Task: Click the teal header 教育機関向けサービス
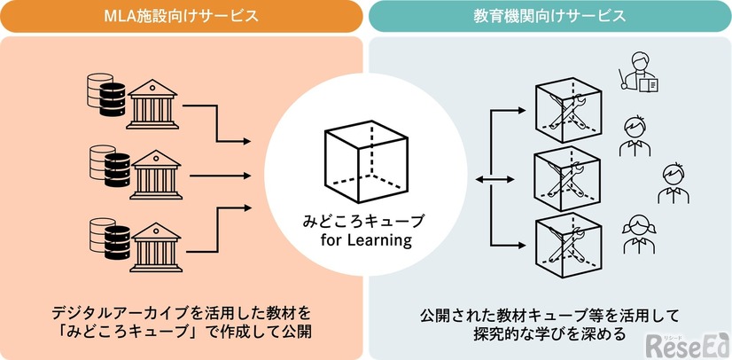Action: (x=550, y=16)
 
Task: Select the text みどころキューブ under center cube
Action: (x=366, y=221)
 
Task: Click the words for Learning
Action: (x=366, y=239)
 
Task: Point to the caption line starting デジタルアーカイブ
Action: (x=182, y=314)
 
